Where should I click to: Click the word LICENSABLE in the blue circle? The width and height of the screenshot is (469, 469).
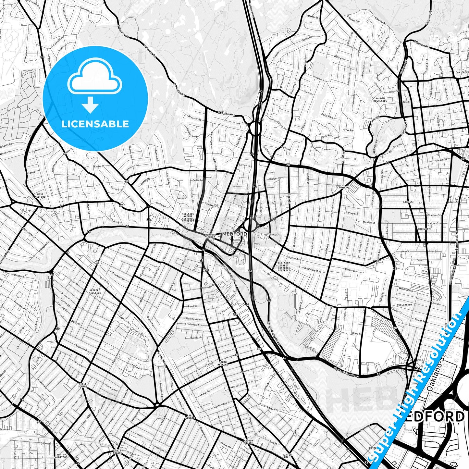click(95, 124)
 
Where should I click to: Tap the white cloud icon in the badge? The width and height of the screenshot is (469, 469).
click(94, 78)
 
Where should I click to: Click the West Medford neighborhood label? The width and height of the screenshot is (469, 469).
click(40, 195)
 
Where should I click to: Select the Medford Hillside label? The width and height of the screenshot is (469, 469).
click(95, 291)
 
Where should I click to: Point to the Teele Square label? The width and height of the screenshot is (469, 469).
click(83, 385)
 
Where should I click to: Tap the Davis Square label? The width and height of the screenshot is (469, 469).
click(117, 452)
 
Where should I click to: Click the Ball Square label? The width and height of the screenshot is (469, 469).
click(190, 416)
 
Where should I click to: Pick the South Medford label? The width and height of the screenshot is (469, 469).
click(223, 363)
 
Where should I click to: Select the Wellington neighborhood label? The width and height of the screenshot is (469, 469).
click(404, 305)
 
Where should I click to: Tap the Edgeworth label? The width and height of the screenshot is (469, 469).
click(425, 228)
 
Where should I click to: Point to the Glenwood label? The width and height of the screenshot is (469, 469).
click(342, 187)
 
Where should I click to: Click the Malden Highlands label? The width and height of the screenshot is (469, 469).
click(380, 99)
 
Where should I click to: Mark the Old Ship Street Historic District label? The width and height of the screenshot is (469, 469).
click(284, 266)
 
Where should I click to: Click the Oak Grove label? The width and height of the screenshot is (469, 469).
click(462, 72)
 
